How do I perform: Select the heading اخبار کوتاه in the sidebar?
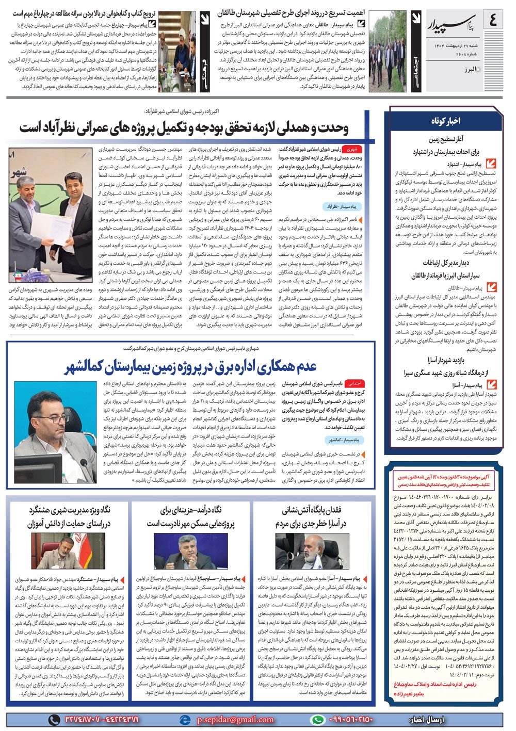click(x=445, y=121)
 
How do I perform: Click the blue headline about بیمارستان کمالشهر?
click(x=190, y=367)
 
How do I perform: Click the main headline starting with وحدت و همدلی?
click(x=184, y=127)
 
